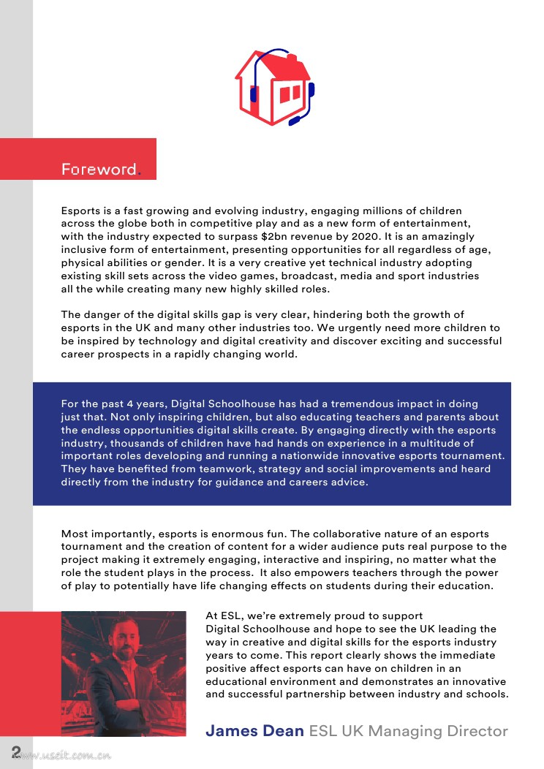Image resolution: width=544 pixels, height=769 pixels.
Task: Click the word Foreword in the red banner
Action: pos(99,170)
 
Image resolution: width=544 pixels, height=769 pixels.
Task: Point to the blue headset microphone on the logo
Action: pos(297,119)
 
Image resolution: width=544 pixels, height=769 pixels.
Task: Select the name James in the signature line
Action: pos(229,731)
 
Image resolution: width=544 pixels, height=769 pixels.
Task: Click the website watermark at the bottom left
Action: pos(66,757)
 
